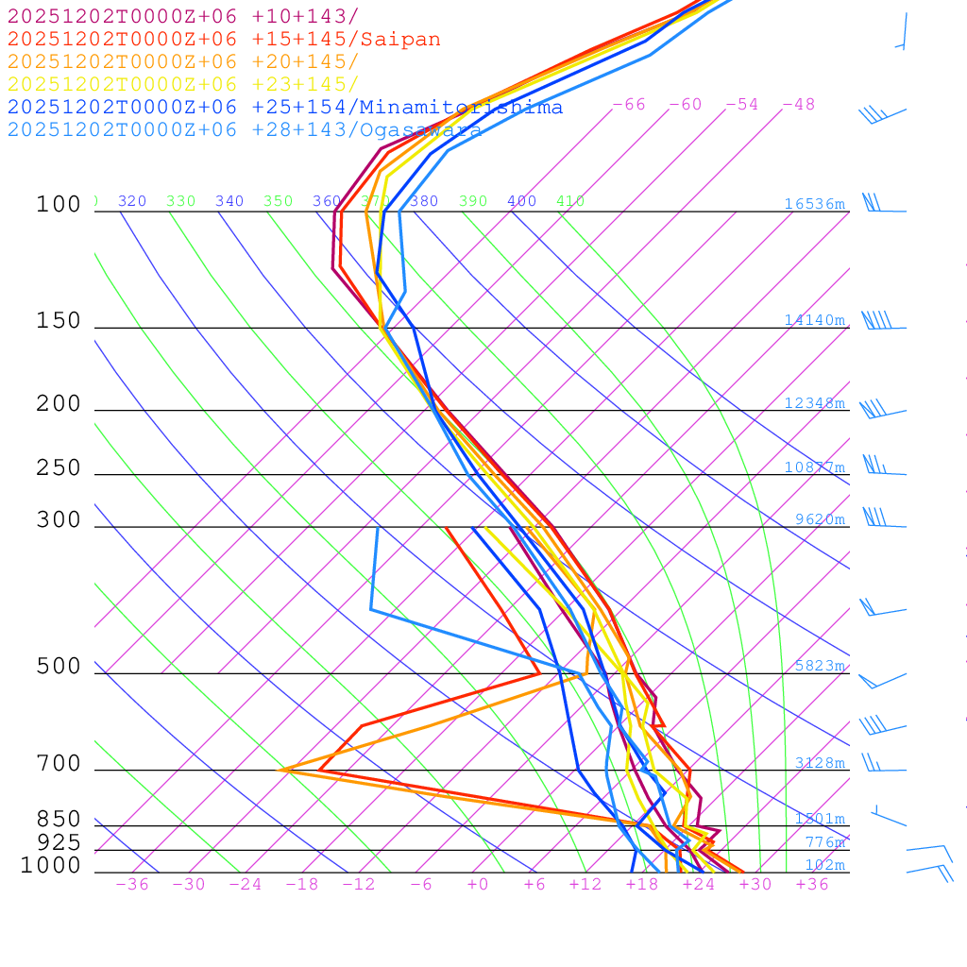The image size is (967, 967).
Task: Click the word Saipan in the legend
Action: (x=400, y=40)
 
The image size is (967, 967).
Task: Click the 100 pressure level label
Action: (x=59, y=205)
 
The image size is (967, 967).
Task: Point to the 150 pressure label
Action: (x=59, y=321)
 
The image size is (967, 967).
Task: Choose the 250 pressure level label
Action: (x=59, y=468)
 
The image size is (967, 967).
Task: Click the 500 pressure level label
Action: (x=59, y=667)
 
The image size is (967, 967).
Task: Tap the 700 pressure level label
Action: (x=59, y=763)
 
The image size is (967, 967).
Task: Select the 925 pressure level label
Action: (x=59, y=842)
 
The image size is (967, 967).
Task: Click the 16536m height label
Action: (x=815, y=204)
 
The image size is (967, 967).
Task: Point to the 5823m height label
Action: (x=820, y=666)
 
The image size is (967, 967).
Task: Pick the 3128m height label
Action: (x=820, y=763)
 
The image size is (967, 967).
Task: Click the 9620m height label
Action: (x=820, y=519)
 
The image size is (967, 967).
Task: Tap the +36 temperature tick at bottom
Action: (x=812, y=884)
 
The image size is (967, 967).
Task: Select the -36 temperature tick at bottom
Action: (x=131, y=884)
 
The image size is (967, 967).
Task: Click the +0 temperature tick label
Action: (x=477, y=884)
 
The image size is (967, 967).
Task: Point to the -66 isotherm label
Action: (x=629, y=105)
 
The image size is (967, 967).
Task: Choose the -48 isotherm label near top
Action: (x=798, y=105)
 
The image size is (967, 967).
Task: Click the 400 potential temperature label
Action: (x=521, y=201)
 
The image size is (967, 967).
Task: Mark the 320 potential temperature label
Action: (x=132, y=201)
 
